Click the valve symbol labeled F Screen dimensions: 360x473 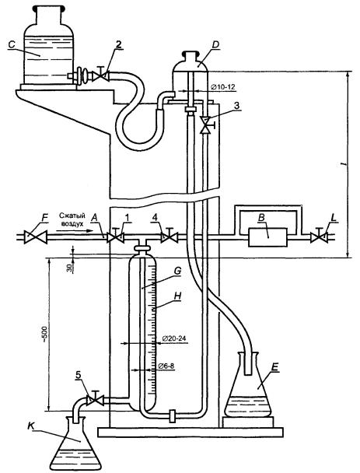point(36,237)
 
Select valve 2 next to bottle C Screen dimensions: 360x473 point(101,75)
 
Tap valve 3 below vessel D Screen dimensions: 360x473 point(207,125)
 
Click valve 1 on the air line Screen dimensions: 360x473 point(116,236)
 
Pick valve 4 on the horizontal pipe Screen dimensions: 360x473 point(170,236)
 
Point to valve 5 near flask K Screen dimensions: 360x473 point(96,399)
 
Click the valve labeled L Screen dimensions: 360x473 point(320,236)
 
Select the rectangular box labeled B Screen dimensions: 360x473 point(267,237)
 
